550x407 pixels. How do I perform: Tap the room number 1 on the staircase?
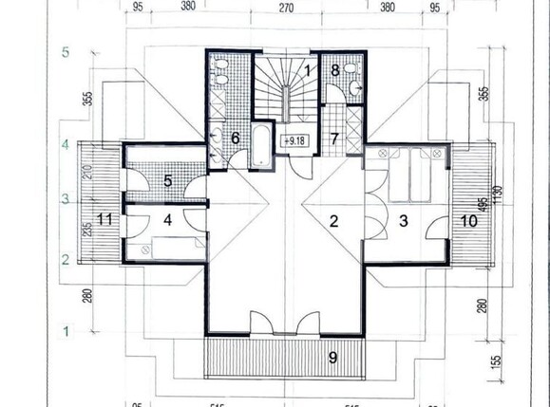[309, 69]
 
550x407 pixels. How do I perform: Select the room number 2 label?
[333, 222]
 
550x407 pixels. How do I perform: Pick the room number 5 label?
[167, 180]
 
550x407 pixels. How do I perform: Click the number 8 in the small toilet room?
[335, 69]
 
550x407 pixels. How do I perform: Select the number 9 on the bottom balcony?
[332, 358]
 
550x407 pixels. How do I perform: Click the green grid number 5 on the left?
[66, 52]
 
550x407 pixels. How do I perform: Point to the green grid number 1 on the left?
[66, 330]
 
